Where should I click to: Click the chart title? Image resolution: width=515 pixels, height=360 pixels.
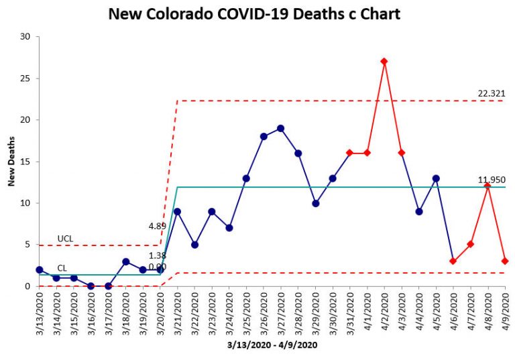254,14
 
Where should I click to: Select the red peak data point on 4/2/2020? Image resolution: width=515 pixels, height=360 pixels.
384,61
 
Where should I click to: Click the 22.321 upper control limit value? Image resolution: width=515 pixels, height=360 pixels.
491,93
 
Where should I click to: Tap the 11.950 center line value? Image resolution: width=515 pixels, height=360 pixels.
491,180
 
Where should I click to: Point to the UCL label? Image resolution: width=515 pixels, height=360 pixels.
65,239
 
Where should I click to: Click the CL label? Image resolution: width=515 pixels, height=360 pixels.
62,267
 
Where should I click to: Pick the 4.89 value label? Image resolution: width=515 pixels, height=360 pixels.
158,227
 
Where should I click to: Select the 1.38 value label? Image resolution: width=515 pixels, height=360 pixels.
158,256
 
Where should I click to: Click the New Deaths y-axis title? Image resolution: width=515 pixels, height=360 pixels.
11,162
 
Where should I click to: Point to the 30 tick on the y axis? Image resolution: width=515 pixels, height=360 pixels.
26,37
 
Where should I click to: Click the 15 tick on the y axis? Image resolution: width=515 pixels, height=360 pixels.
26,162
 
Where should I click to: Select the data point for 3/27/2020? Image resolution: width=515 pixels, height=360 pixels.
281,128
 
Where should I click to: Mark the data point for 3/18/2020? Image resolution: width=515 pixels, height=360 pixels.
126,261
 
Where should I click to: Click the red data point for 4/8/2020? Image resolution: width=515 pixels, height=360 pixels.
488,186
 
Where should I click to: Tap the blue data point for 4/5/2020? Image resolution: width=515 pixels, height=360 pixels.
437,178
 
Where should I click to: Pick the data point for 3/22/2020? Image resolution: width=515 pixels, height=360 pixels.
194,245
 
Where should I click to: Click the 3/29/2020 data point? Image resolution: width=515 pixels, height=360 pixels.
315,203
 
